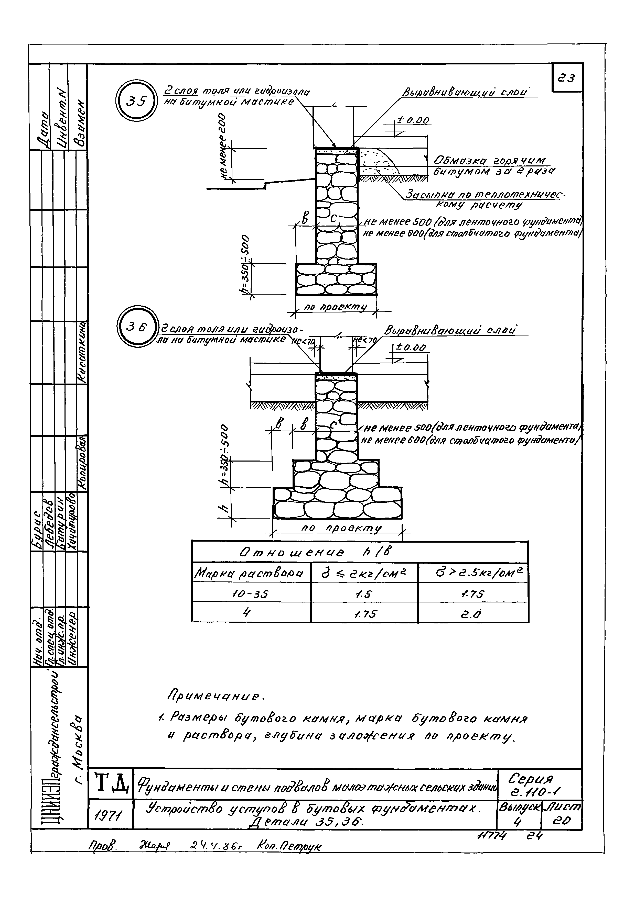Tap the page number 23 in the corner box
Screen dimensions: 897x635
pyautogui.click(x=566, y=79)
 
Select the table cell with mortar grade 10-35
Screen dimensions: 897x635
pyautogui.click(x=251, y=594)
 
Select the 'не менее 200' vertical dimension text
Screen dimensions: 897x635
pyautogui.click(x=224, y=147)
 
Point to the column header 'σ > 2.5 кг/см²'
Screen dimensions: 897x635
pyautogui.click(x=473, y=573)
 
